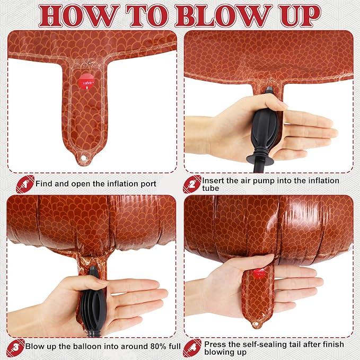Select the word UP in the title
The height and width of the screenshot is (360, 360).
[300, 16]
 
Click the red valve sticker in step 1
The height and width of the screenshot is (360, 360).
[86, 82]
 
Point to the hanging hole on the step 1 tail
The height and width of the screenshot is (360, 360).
[83, 157]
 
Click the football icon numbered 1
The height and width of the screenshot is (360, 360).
[25, 184]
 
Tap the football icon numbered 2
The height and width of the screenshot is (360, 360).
[192, 184]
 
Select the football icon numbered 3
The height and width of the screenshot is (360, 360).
[15, 348]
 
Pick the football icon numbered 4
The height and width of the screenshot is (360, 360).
[192, 348]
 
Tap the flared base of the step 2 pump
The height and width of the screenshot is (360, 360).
[260, 159]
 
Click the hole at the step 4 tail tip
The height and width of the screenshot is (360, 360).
[256, 324]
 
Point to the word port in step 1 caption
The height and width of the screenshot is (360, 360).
[148, 185]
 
